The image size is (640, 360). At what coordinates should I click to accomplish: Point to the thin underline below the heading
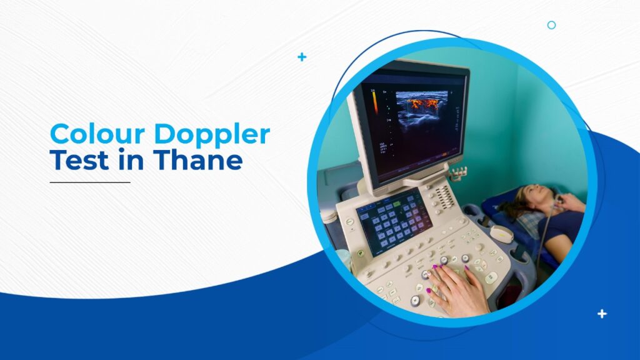point(90,182)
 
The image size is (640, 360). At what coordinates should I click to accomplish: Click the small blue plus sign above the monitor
point(302,57)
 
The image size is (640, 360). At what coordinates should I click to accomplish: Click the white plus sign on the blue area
point(602,314)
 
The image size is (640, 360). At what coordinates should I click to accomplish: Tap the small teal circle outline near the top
point(551,25)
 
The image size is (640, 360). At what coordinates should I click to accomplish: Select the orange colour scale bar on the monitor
point(374,100)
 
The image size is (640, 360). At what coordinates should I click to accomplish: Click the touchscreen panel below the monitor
point(393,219)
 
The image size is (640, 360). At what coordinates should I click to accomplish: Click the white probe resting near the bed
point(502,233)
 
